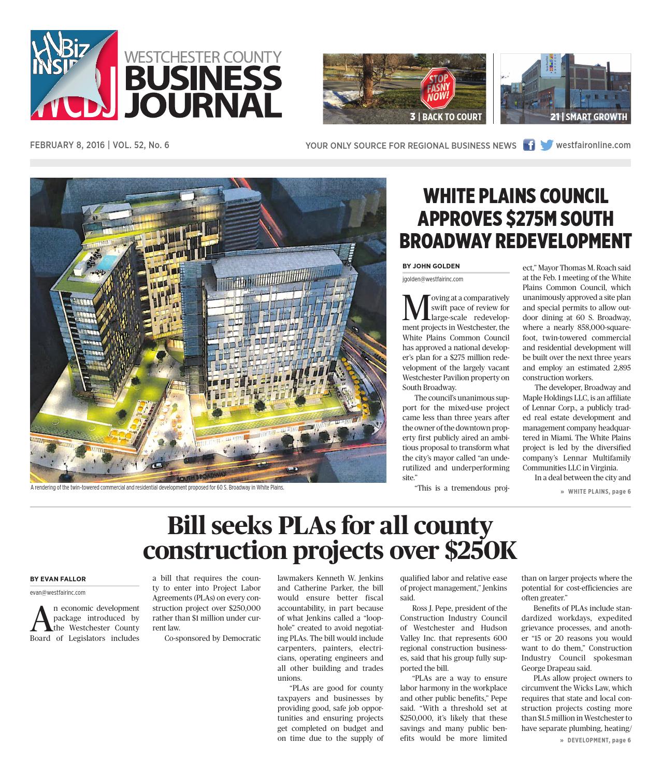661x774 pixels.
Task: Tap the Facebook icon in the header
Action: pos(528,145)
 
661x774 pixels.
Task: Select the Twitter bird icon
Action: pos(546,145)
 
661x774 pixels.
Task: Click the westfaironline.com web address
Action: pos(593,145)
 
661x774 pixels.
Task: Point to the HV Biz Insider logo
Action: pos(74,75)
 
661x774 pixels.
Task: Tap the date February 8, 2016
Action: pos(67,145)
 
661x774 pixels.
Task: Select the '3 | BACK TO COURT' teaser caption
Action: pos(446,117)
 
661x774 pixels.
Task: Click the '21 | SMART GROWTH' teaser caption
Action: pos(588,117)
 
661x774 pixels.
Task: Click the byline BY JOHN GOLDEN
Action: pos(431,266)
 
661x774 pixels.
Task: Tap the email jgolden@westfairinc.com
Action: pos(433,279)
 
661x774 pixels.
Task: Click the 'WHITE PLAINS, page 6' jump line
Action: pos(599,491)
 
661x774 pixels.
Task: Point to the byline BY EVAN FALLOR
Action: pos(58,579)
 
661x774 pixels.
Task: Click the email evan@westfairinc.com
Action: pos(58,592)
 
